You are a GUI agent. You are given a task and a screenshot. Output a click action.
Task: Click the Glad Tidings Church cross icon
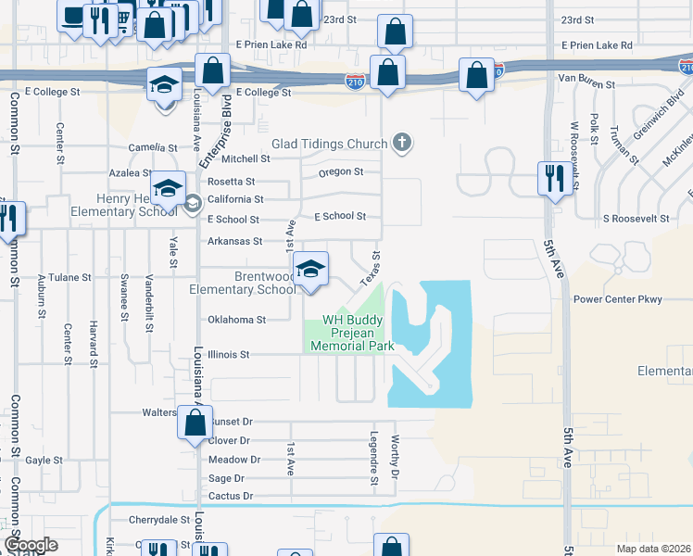click(401, 143)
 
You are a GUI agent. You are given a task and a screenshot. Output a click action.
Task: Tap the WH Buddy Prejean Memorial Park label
click(352, 333)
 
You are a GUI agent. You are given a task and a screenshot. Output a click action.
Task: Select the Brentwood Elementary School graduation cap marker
click(311, 270)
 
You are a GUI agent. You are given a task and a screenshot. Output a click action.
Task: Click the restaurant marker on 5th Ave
click(554, 178)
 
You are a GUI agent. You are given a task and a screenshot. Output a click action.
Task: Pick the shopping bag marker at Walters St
click(195, 423)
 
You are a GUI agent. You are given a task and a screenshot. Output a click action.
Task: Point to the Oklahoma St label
click(235, 320)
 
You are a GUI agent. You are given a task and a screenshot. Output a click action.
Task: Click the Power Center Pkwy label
click(618, 299)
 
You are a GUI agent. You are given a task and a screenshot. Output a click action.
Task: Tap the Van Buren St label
click(586, 84)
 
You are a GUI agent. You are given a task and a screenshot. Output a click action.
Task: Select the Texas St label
click(371, 267)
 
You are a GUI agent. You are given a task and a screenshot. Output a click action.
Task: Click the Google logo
click(31, 545)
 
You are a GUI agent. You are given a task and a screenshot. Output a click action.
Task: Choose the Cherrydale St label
click(159, 520)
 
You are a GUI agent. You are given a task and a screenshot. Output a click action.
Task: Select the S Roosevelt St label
click(636, 219)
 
